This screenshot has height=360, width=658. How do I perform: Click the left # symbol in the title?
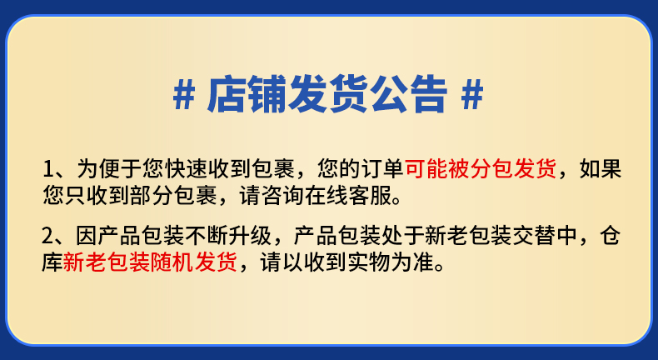[184, 94]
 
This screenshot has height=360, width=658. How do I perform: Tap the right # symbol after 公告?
[472, 94]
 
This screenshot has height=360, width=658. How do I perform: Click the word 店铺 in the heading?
[247, 94]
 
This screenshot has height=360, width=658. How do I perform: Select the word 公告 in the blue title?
[407, 94]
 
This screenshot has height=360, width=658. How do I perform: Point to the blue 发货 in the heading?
[327, 94]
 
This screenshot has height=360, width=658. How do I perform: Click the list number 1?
[49, 169]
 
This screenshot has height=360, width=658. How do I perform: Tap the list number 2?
[47, 236]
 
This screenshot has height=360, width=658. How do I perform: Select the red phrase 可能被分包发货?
[481, 169]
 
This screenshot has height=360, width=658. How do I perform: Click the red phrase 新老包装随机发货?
[149, 262]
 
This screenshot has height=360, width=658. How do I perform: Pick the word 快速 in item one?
[187, 169]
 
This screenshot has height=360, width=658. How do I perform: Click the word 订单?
[382, 169]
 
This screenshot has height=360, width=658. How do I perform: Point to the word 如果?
[601, 169]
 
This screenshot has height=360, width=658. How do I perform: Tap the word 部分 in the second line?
[152, 195]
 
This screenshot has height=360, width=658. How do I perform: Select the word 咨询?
[282, 195]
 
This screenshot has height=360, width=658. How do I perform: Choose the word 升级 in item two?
[250, 236]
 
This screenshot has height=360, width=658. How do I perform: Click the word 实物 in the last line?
[369, 262]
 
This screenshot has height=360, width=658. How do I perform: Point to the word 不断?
[207, 236]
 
